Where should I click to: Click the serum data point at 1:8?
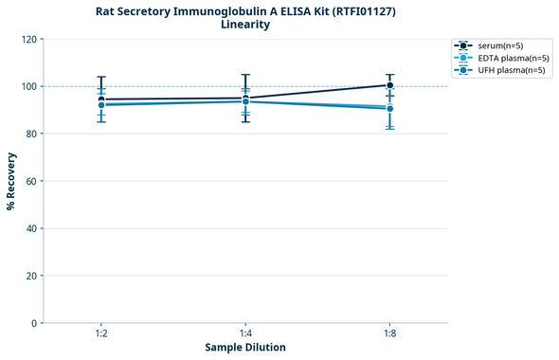[389, 85]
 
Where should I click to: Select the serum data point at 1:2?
[101, 99]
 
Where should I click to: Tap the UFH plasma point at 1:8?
[389, 109]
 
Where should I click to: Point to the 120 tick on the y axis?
[28, 39]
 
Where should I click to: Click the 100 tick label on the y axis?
[28, 86]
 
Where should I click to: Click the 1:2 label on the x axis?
[101, 334]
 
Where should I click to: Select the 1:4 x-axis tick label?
[245, 334]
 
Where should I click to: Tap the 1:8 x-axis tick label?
[389, 334]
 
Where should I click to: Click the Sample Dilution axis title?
[245, 348]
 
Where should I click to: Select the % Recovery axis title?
[11, 181]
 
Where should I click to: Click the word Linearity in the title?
[244, 25]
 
